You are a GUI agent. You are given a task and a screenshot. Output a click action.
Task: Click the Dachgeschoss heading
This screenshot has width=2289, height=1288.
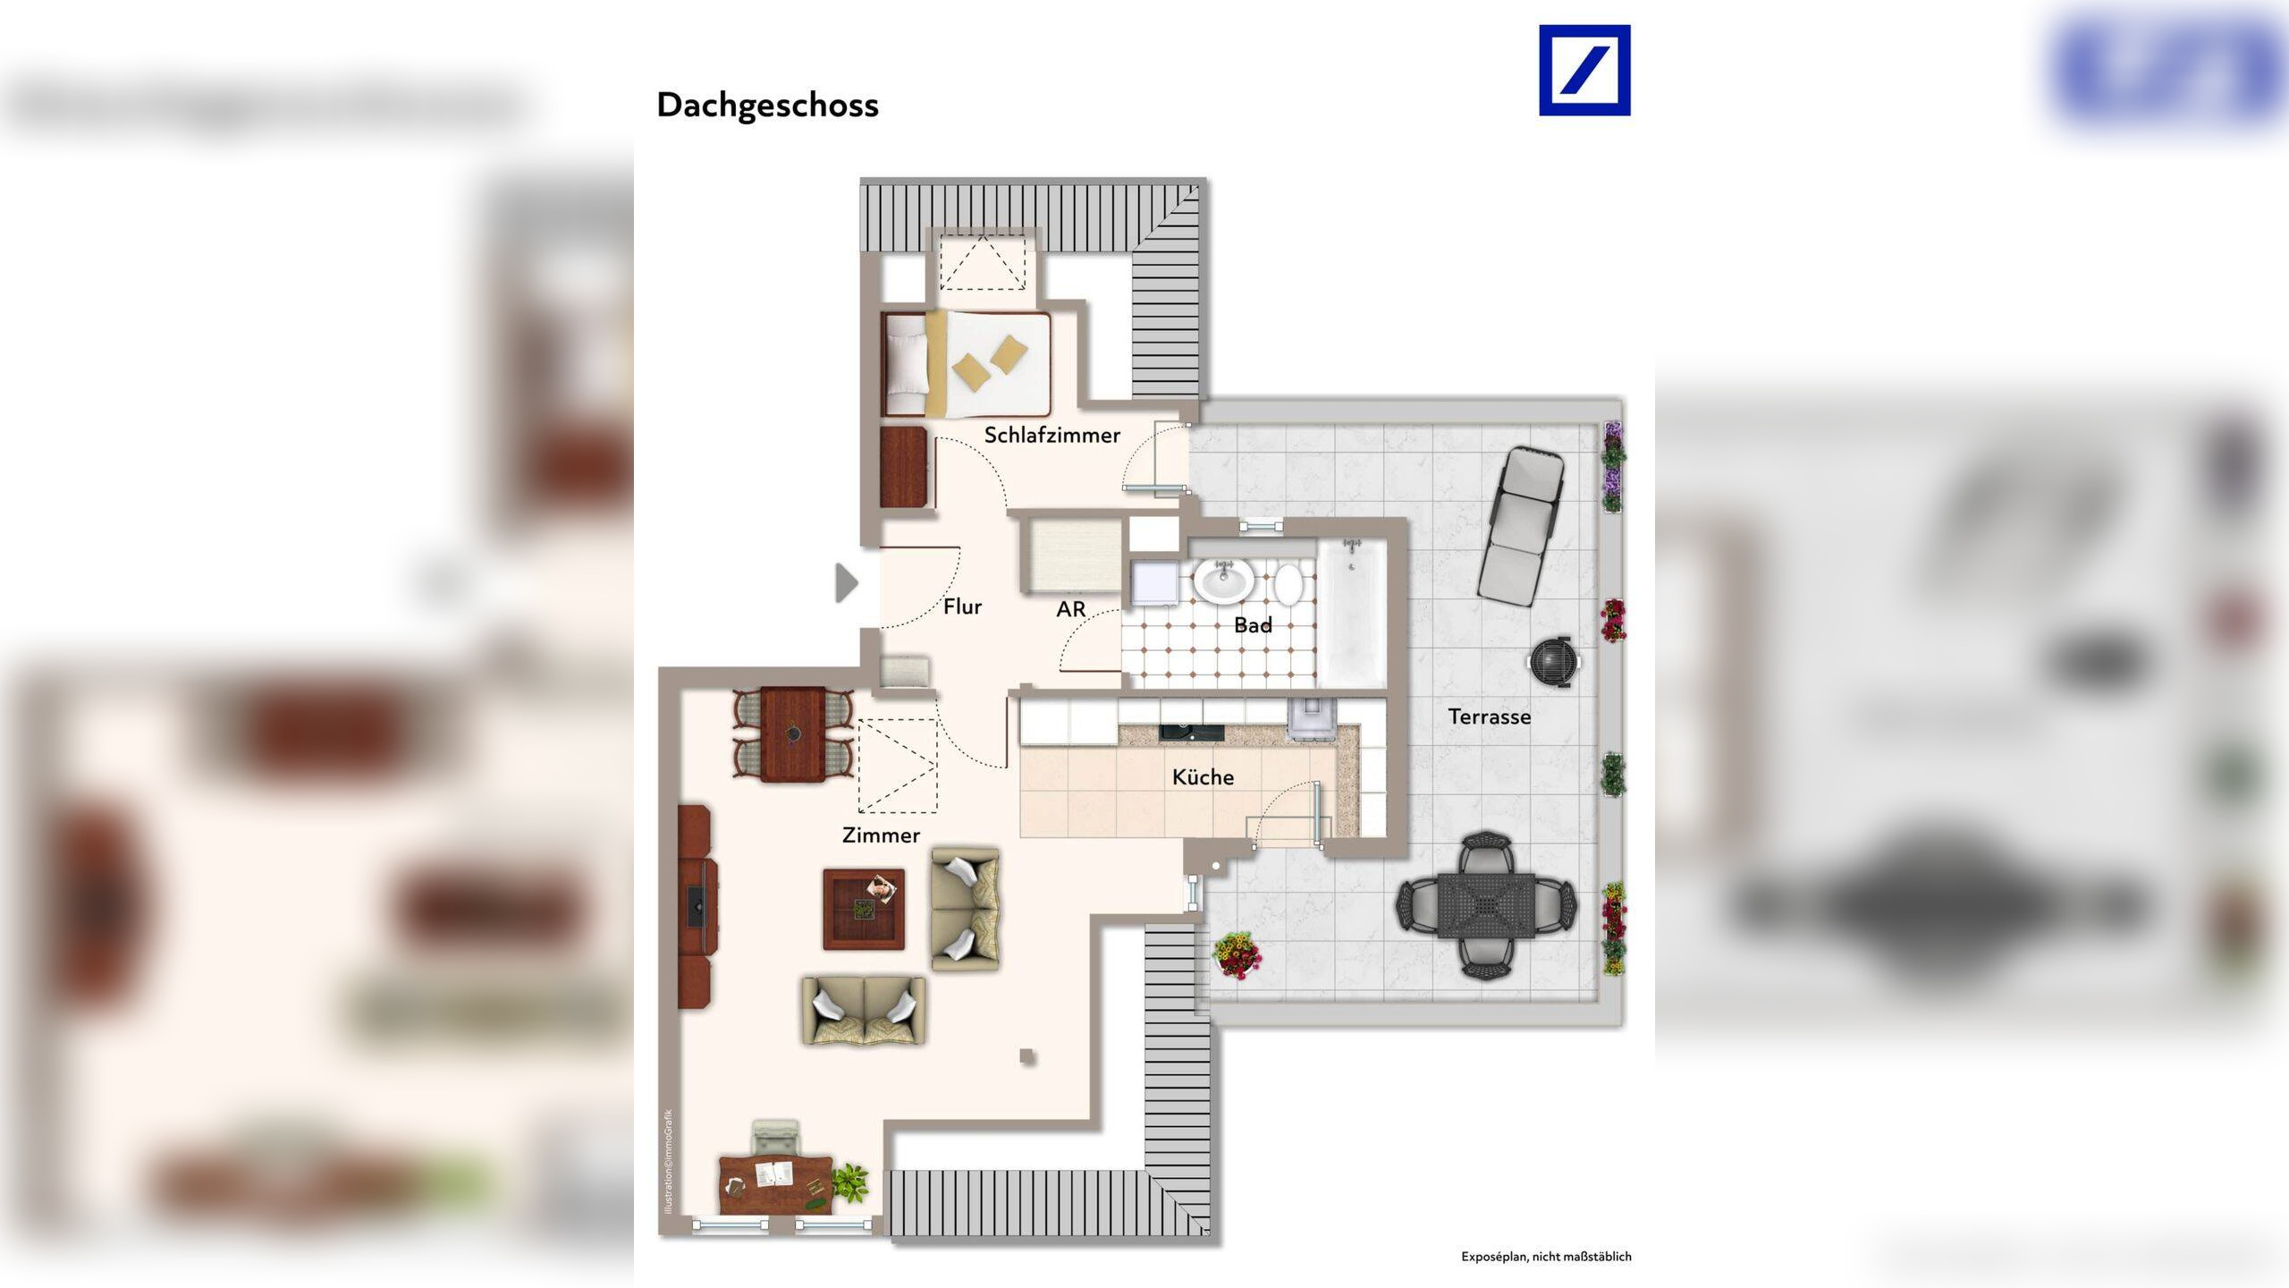[x=767, y=106]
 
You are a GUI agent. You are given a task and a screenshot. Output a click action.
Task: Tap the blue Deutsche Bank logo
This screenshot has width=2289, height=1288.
[x=1584, y=71]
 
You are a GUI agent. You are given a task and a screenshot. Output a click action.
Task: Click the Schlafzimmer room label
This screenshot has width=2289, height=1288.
[x=1052, y=436]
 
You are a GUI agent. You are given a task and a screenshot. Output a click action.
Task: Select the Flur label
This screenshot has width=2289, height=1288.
[x=962, y=607]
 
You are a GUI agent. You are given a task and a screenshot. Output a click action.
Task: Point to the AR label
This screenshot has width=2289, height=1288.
[x=1070, y=610]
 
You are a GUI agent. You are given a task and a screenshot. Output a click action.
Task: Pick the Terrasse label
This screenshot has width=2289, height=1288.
[x=1489, y=717]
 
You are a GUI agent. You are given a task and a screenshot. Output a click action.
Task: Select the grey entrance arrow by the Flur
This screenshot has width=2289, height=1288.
[x=846, y=583]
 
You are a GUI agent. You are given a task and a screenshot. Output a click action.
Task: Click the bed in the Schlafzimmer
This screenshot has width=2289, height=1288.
[x=966, y=364]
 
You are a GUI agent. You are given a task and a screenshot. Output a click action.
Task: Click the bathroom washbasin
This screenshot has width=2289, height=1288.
[x=1223, y=582]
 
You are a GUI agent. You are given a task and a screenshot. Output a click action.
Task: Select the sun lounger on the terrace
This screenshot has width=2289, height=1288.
[x=1520, y=524]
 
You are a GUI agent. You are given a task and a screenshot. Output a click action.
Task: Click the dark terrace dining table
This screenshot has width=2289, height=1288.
[x=1486, y=906]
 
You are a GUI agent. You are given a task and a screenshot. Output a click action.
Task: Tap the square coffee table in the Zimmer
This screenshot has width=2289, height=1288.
[x=864, y=909]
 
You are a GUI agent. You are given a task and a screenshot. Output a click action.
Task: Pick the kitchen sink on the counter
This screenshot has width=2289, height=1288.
[x=1191, y=733]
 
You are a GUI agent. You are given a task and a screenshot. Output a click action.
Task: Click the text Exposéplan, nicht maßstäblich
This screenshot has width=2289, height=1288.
[x=1546, y=1257]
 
